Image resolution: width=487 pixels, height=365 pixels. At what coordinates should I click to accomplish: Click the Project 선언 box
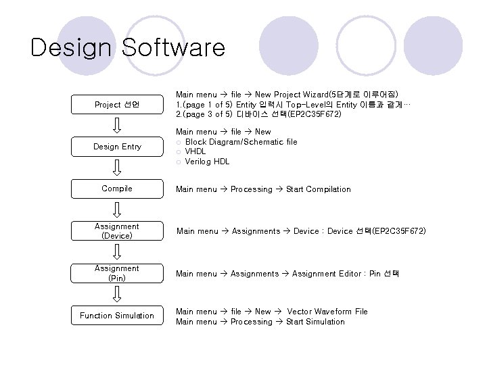click(x=116, y=105)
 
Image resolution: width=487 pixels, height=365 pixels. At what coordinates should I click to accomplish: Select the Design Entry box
click(x=116, y=147)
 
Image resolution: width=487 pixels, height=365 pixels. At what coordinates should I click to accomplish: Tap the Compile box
click(x=116, y=189)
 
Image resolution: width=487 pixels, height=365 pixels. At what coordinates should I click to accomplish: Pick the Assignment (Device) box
click(x=116, y=231)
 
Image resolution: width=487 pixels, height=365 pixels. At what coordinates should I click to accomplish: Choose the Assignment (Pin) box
click(x=116, y=273)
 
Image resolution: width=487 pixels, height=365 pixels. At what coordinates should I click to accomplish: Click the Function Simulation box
click(x=116, y=316)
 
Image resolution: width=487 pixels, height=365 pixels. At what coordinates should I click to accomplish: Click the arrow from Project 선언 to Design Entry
click(x=117, y=126)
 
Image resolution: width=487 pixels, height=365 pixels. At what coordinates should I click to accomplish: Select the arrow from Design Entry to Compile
click(x=117, y=168)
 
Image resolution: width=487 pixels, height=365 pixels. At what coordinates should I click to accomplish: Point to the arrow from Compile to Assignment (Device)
click(x=117, y=210)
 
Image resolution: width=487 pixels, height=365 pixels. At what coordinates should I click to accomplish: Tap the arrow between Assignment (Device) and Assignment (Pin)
click(x=117, y=252)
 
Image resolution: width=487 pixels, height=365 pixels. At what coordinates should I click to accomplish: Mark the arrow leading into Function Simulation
click(x=117, y=294)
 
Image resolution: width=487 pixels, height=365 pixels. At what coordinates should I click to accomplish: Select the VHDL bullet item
click(x=195, y=151)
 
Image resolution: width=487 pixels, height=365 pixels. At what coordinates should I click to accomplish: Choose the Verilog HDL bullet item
click(x=207, y=162)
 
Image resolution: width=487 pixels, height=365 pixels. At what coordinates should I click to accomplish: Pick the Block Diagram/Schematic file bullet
click(x=241, y=142)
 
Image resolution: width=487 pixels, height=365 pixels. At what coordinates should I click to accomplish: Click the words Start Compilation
click(x=319, y=189)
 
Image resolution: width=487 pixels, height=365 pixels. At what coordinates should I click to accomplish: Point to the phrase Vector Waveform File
click(x=327, y=312)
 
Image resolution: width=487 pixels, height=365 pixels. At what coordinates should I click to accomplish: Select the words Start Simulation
click(x=315, y=322)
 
